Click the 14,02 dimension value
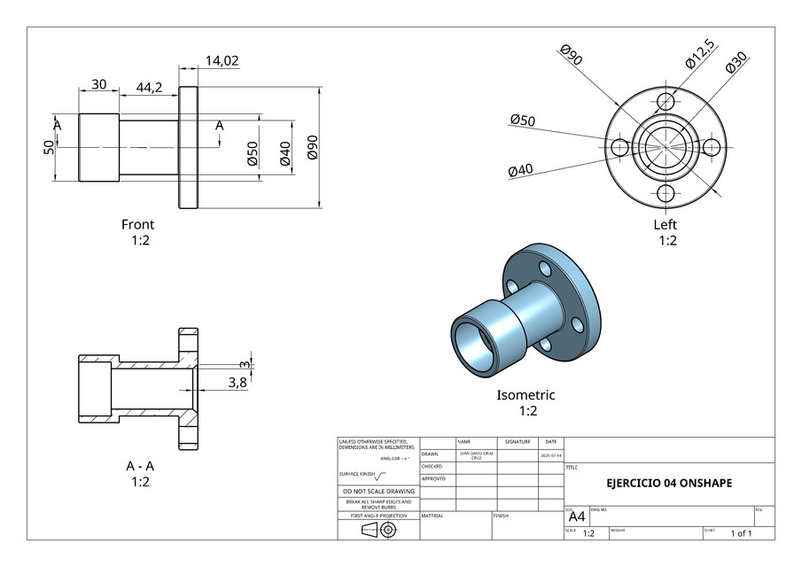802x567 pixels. point(222,61)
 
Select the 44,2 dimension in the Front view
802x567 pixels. point(149,87)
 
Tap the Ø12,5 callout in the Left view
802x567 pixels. point(699,53)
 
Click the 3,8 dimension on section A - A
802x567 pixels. point(237,382)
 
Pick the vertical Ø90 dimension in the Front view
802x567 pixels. point(312,147)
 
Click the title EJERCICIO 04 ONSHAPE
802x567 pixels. point(669,484)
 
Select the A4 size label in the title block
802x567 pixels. point(576,517)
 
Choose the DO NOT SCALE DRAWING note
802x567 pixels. point(378,491)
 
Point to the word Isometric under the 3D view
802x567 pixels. point(526,395)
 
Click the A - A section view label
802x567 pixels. point(141,466)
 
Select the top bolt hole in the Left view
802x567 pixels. point(666,102)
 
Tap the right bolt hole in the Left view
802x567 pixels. point(711,147)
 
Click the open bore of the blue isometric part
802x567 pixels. point(472,341)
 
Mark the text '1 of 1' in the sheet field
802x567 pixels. point(741,533)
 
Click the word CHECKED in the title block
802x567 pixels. point(432,466)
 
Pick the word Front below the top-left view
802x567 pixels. point(137,224)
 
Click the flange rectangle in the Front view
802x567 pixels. point(188,147)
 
